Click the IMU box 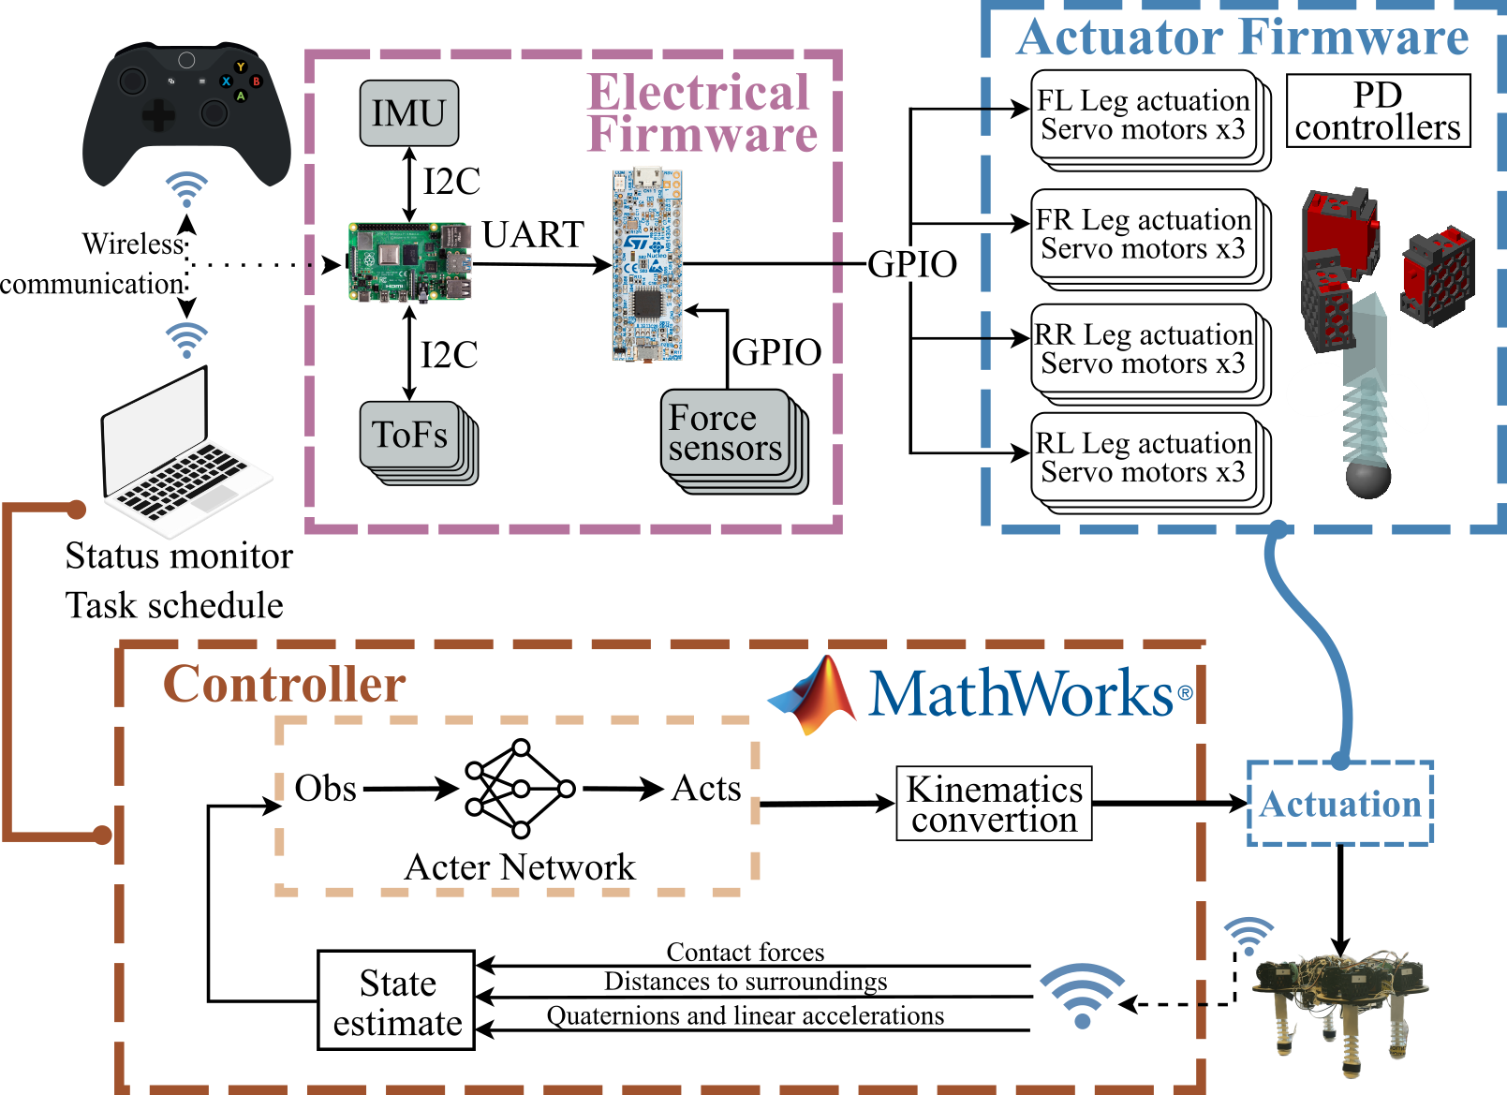pyautogui.click(x=409, y=113)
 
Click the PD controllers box pyautogui.click(x=1378, y=111)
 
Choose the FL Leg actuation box pyautogui.click(x=1144, y=114)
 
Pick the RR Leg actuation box pyautogui.click(x=1144, y=348)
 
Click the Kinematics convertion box pyautogui.click(x=994, y=804)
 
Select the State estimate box pyautogui.click(x=396, y=1000)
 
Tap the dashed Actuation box pyautogui.click(x=1340, y=804)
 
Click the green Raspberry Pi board pyautogui.click(x=409, y=263)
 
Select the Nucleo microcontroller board pyautogui.click(x=647, y=265)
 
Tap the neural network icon pyautogui.click(x=520, y=789)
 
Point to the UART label pyautogui.click(x=533, y=234)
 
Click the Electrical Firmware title pyautogui.click(x=701, y=113)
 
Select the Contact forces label pyautogui.click(x=746, y=952)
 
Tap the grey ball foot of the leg pyautogui.click(x=1367, y=479)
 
